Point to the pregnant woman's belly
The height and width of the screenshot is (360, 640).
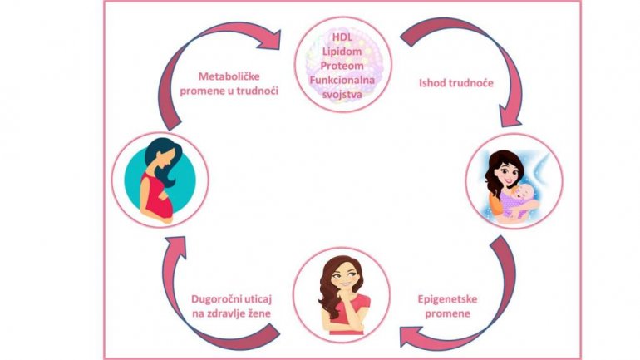[x=163, y=205]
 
